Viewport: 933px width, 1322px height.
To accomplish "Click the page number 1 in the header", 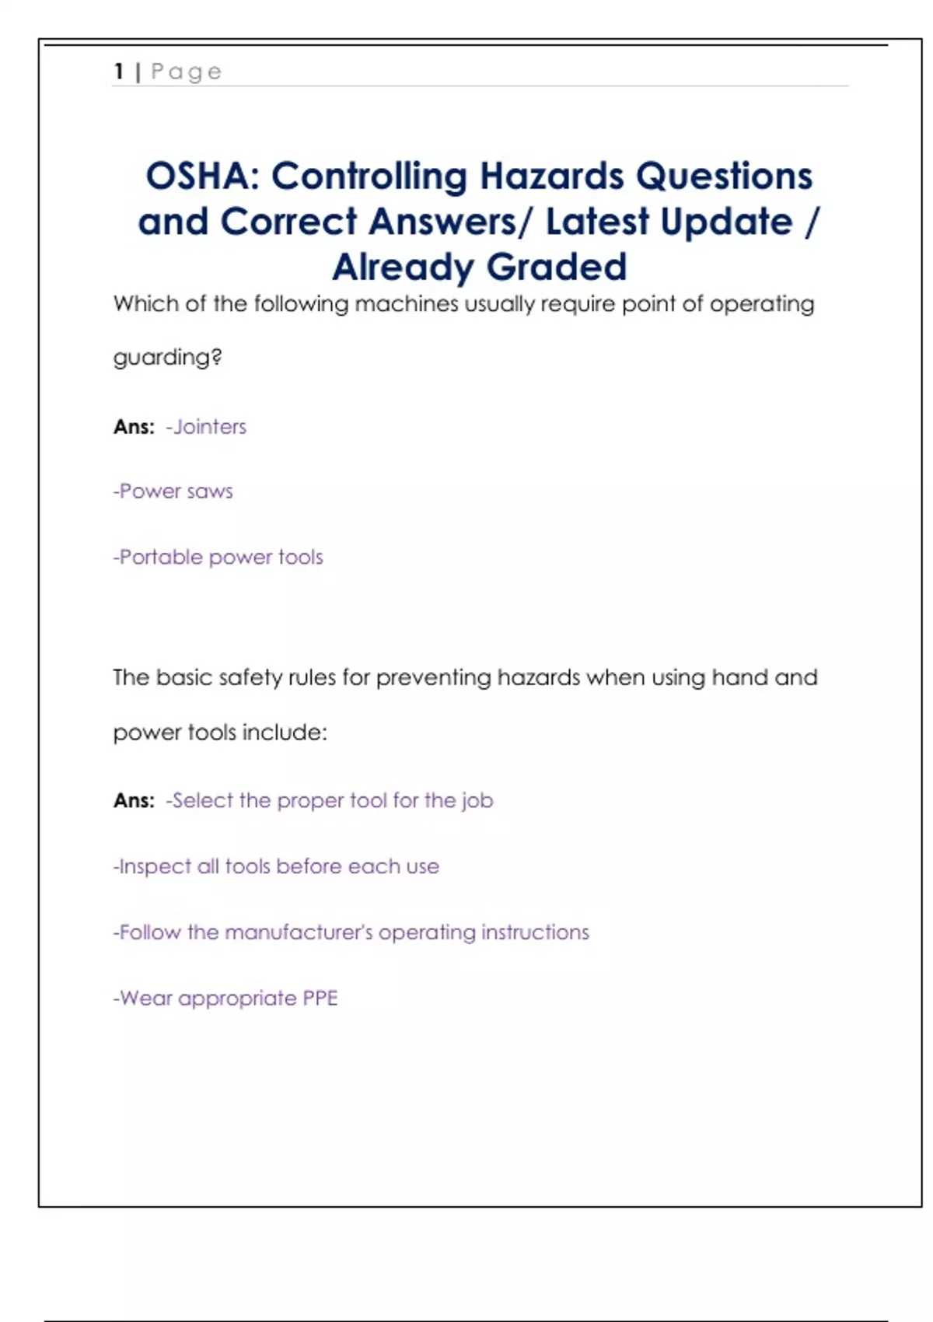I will pos(119,72).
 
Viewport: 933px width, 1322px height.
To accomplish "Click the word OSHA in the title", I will pos(197,176).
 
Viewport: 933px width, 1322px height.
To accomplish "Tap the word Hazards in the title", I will pos(551,176).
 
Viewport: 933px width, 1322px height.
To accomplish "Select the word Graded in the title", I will pos(557,267).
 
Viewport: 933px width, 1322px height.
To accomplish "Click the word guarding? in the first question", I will pos(167,358).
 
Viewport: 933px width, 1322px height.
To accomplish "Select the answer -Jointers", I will pos(208,427).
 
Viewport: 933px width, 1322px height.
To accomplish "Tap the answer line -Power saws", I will pos(173,491).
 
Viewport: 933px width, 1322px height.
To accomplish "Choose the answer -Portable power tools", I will pos(218,558).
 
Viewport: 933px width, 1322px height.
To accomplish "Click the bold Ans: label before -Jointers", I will pos(134,427).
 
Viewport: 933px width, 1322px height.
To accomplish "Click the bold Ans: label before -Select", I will pos(134,801).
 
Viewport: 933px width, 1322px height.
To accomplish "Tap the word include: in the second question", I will pos(285,733).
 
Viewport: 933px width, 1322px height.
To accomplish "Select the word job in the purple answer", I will pos(477,802).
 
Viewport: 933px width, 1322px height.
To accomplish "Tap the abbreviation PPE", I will pos(320,998).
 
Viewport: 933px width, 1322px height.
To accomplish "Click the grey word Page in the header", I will pos(187,72).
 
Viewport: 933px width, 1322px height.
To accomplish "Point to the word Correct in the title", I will pos(288,222).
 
